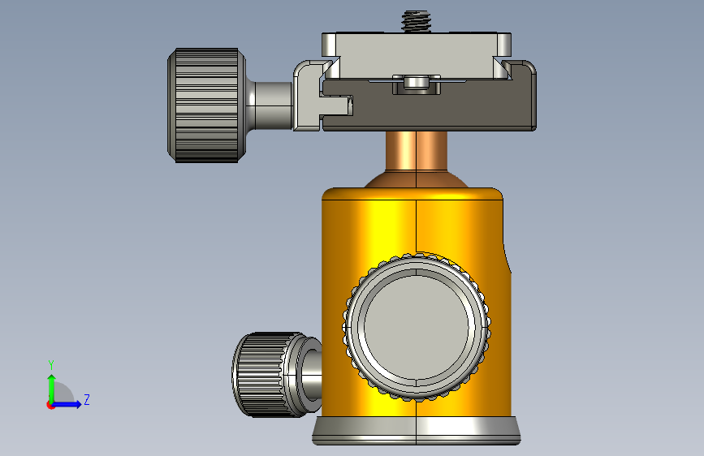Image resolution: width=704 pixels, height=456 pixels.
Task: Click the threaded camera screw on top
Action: (417, 22)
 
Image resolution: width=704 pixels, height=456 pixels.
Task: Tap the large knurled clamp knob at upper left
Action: (206, 105)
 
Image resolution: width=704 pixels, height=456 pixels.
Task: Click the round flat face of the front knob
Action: (417, 327)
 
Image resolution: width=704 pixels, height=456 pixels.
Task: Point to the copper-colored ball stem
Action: (417, 150)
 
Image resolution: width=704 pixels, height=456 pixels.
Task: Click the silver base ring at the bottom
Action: (417, 431)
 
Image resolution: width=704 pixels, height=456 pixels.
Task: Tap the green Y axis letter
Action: (51, 364)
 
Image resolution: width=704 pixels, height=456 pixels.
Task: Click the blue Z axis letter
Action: (87, 399)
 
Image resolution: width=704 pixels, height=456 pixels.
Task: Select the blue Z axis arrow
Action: (67, 404)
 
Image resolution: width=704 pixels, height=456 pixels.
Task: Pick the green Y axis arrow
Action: (52, 389)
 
